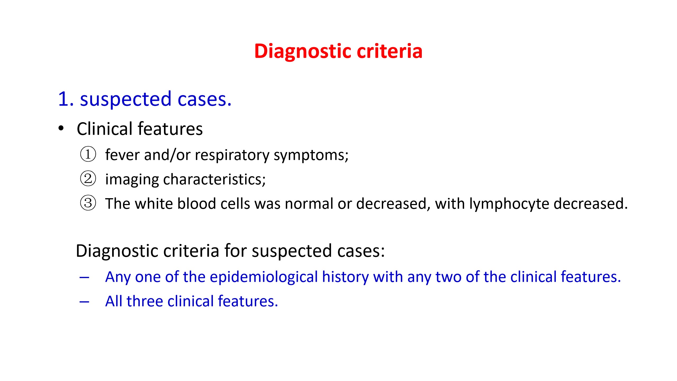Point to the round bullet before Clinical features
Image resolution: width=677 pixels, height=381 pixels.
(x=61, y=128)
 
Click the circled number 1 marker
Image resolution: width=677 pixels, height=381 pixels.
(x=88, y=154)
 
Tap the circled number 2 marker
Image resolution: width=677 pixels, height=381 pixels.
(x=88, y=179)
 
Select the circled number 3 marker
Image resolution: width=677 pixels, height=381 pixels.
(x=88, y=203)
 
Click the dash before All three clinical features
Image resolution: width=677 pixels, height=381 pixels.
(x=84, y=302)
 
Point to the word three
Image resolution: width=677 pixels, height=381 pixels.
(x=144, y=301)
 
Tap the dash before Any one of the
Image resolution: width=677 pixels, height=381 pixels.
(x=84, y=278)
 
